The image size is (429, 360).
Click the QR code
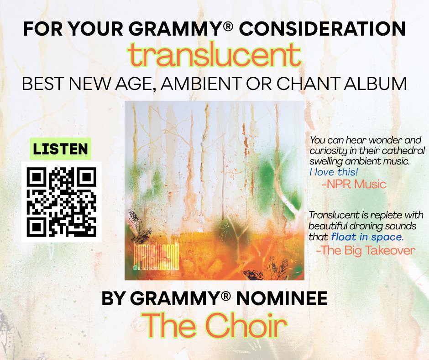[x=61, y=201]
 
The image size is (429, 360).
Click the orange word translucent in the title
[x=214, y=56]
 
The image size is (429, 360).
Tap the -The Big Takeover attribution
[x=366, y=250]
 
